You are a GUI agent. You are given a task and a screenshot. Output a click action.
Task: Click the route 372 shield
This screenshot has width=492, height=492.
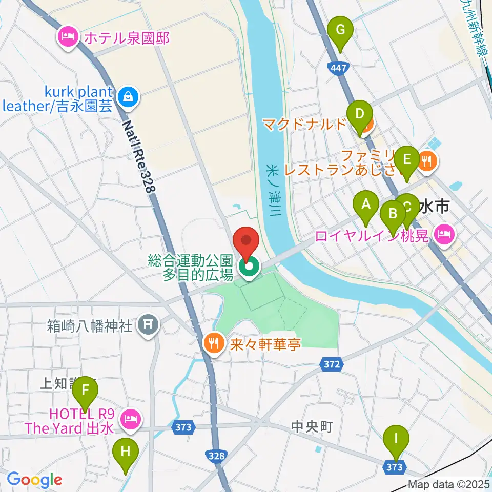[x=332, y=364]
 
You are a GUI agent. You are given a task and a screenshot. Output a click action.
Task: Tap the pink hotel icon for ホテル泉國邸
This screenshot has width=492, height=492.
[x=68, y=37]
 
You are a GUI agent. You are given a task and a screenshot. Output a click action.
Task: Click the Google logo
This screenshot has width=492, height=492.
[x=34, y=480]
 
